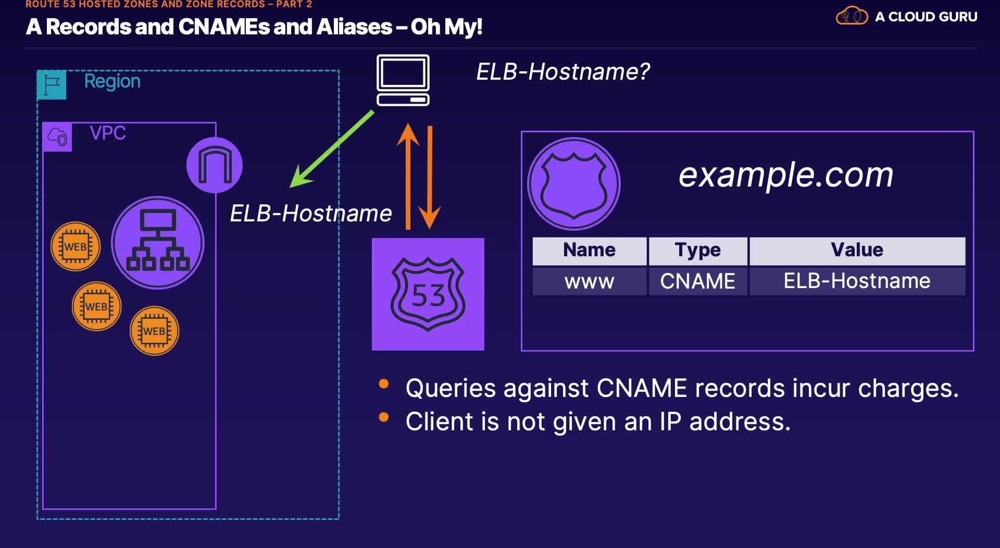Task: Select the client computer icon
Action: click(403, 80)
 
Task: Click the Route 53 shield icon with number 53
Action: click(428, 294)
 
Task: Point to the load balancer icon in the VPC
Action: click(158, 243)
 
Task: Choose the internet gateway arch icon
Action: click(215, 165)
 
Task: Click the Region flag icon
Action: click(52, 84)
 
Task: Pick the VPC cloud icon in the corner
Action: click(57, 137)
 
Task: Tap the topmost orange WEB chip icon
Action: click(76, 246)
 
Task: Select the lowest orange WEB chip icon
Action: click(154, 331)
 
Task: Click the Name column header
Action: click(589, 251)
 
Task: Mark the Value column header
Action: click(857, 251)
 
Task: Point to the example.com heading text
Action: click(785, 175)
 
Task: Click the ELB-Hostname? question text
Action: click(562, 72)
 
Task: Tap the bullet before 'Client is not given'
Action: click(384, 417)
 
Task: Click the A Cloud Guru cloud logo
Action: click(852, 16)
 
